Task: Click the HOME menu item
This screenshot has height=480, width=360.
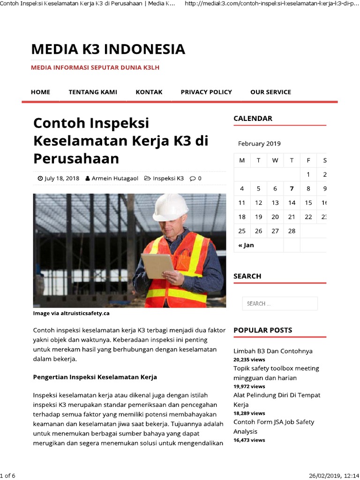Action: (40, 92)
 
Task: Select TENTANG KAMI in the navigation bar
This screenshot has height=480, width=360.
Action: (93, 92)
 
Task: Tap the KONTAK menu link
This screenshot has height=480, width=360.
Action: (149, 92)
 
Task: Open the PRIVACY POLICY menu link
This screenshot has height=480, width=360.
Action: (206, 92)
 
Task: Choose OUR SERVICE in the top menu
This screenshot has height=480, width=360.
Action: (270, 92)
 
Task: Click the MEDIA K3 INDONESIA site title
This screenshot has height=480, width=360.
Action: (108, 49)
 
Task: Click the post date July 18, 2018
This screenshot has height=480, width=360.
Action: (61, 179)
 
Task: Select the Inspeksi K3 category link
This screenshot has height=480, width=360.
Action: (168, 179)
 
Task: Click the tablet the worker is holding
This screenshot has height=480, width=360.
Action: (157, 265)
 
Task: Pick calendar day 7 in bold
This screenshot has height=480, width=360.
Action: (292, 189)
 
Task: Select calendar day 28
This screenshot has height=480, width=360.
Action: (292, 231)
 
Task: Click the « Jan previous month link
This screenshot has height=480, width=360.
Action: (246, 245)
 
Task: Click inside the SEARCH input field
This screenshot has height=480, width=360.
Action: (280, 304)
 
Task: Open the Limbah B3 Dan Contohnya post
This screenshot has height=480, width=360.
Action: (273, 351)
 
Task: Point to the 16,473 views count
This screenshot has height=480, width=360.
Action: (249, 440)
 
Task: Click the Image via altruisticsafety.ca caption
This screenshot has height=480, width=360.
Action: (71, 313)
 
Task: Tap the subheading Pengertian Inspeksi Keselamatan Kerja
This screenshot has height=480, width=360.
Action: (95, 377)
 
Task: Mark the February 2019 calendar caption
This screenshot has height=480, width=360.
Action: (259, 144)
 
